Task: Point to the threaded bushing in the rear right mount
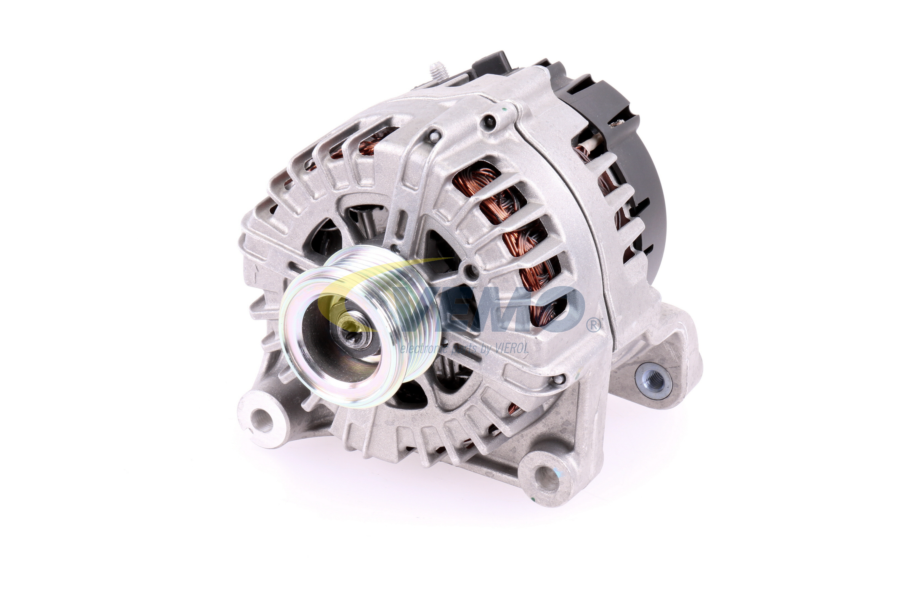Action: [x=653, y=379]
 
